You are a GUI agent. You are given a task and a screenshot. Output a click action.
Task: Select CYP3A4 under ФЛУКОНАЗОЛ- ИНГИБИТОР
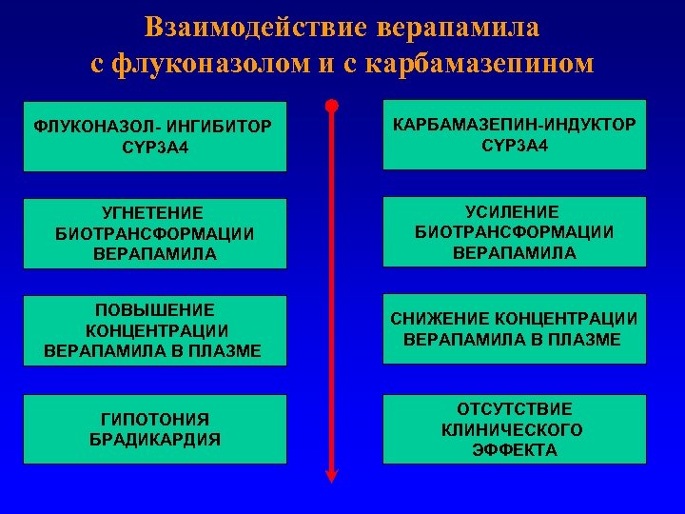pos(154,148)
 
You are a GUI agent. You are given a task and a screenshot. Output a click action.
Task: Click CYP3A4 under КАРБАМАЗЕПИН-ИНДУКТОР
pos(515,145)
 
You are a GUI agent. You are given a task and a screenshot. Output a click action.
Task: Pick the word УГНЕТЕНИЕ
pos(154,212)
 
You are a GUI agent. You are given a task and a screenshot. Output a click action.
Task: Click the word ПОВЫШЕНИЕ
pos(154,310)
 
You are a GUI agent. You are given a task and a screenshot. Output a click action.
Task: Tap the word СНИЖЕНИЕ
pos(440,319)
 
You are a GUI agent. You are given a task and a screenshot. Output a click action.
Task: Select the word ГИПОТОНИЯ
pos(154,419)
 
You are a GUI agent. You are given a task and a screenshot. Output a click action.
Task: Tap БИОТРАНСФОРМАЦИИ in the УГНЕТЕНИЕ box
pos(154,233)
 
